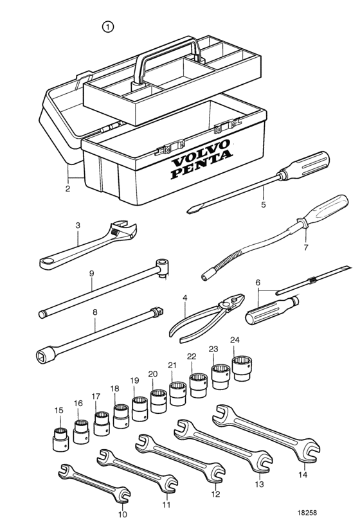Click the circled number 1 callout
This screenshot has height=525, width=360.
(108, 27)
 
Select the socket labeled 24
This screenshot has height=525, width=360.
(242, 368)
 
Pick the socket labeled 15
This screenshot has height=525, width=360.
(60, 439)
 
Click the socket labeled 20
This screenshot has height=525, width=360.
(158, 401)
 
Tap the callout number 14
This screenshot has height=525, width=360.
(303, 475)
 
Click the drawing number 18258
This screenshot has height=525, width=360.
(307, 512)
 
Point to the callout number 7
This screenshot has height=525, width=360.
(306, 248)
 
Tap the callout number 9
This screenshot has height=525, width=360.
(91, 273)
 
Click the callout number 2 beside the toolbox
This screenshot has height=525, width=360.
(67, 188)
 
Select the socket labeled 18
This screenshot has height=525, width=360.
(122, 416)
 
